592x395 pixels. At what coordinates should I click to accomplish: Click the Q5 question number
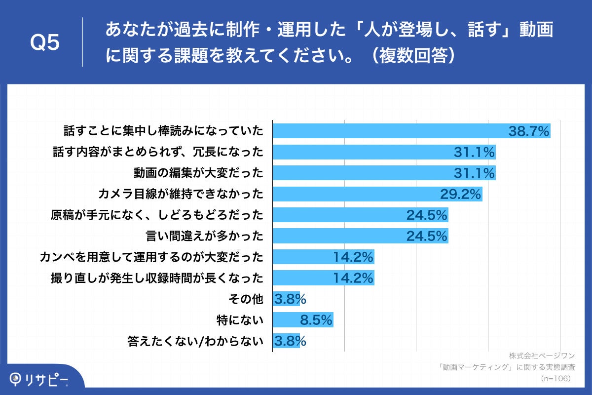click(x=45, y=42)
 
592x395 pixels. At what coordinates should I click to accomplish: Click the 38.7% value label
click(x=528, y=131)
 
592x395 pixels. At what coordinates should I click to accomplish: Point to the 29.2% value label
click(x=460, y=194)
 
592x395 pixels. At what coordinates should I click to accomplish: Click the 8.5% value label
click(x=316, y=320)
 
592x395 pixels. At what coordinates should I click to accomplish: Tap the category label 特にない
click(x=240, y=320)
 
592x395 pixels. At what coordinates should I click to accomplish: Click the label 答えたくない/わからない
click(x=195, y=341)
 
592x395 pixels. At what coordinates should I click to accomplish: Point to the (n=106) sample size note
click(x=555, y=378)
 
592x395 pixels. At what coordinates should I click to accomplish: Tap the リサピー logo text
click(x=47, y=379)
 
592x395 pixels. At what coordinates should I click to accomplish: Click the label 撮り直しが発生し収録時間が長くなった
click(x=157, y=278)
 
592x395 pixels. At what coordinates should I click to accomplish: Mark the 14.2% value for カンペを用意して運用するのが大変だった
click(x=353, y=257)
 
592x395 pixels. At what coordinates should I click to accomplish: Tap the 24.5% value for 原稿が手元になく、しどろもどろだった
click(x=427, y=215)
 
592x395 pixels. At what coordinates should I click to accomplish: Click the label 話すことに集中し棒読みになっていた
click(x=163, y=131)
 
